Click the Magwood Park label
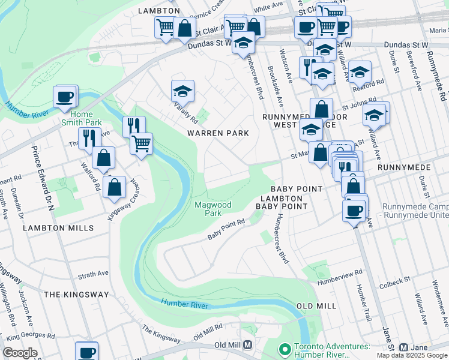[212, 209]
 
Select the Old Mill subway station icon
[247, 346]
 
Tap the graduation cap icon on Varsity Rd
[182, 92]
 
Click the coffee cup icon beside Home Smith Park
[65, 97]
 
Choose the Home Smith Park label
[82, 118]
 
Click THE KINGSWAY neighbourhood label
[76, 295]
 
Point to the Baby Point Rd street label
[226, 229]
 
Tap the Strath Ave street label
[93, 274]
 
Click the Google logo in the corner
[20, 353]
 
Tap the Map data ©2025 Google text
[411, 355]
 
